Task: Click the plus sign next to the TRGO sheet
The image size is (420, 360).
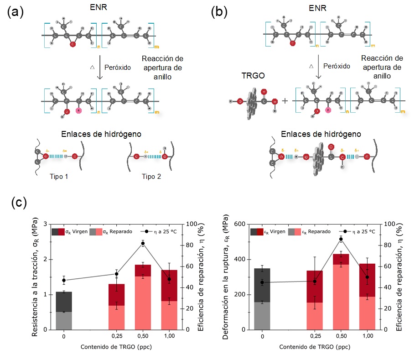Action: coord(285,100)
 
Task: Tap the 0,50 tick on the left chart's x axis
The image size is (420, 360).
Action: coord(143,337)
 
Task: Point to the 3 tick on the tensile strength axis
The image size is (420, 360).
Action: coord(45,224)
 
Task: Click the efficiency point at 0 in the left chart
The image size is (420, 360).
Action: coord(64,280)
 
